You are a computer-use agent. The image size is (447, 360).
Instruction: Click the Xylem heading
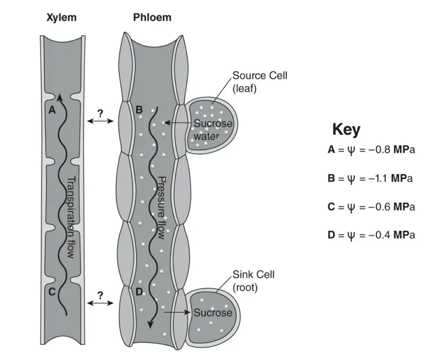point(62,17)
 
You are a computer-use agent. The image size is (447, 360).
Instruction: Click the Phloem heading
point(152,17)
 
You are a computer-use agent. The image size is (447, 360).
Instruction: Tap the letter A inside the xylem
point(52,110)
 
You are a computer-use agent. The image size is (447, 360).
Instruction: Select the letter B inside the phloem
point(139,110)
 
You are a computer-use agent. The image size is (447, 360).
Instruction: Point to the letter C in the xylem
point(52,292)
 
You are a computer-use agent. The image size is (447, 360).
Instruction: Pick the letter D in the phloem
point(139,292)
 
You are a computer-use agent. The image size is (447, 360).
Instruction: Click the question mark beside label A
point(100,113)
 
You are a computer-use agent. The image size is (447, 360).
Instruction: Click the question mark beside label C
point(100,295)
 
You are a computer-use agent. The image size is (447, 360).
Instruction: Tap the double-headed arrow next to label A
point(100,121)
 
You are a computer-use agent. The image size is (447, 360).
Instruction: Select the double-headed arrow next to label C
point(100,303)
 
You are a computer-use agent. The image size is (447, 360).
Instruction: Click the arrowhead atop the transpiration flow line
point(59,97)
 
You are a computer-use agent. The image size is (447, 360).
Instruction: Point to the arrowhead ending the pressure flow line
point(150,325)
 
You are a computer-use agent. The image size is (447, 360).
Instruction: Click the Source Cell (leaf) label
point(259,82)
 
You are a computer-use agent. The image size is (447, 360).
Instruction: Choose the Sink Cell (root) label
point(253,281)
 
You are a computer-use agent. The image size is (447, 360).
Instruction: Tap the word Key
point(346,130)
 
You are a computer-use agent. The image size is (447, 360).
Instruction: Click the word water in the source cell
point(207,136)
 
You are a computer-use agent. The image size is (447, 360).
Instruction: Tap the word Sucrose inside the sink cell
point(213,313)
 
